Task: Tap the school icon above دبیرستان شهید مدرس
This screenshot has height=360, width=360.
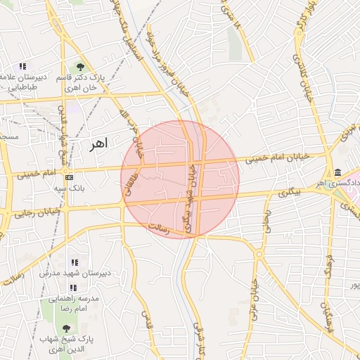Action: (x=74, y=262)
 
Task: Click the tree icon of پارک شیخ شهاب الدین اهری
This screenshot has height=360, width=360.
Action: (x=67, y=328)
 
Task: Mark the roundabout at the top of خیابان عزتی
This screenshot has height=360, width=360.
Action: (x=259, y=254)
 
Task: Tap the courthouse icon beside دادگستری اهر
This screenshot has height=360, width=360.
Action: (x=338, y=173)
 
